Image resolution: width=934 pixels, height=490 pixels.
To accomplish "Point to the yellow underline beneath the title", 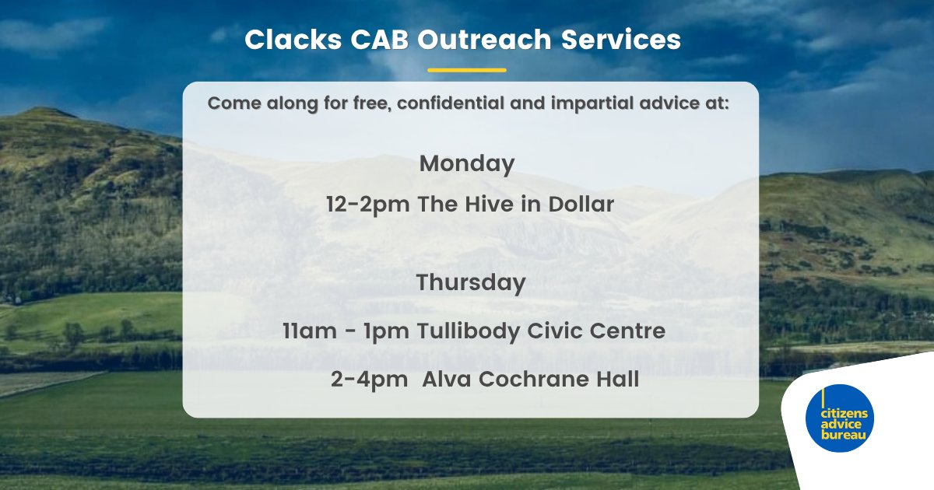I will coord(467,70).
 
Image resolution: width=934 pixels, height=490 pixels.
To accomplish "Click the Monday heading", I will coord(467,164).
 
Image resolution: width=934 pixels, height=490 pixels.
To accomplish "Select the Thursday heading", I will coord(471,283).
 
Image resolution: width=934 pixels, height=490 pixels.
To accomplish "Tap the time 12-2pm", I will coord(368,205).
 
